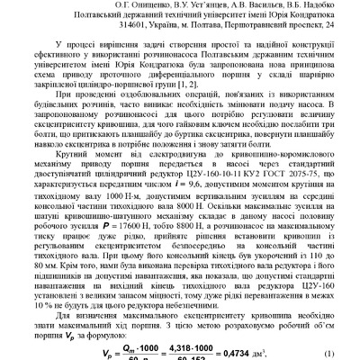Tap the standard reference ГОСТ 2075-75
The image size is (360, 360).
(x=283, y=145)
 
